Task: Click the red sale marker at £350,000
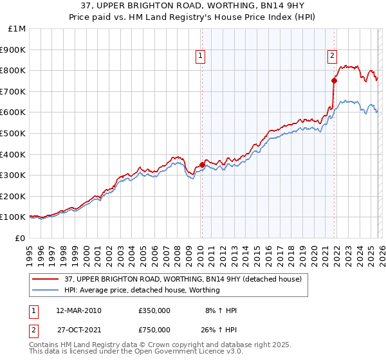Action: click(x=202, y=165)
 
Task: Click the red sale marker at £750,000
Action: click(x=334, y=80)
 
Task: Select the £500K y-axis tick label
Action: click(x=14, y=134)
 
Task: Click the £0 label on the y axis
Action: click(x=20, y=239)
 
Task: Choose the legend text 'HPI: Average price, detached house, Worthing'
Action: click(x=142, y=291)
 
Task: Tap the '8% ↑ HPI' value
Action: click(x=221, y=310)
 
